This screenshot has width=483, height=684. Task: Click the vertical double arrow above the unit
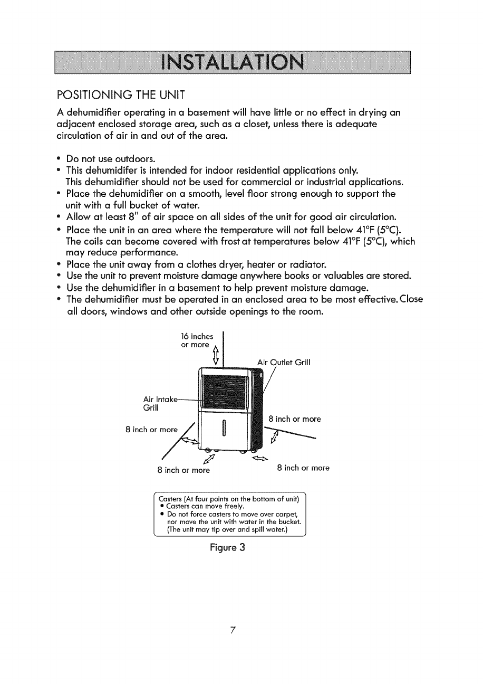(x=215, y=356)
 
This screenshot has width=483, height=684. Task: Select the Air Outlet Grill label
(x=284, y=362)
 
